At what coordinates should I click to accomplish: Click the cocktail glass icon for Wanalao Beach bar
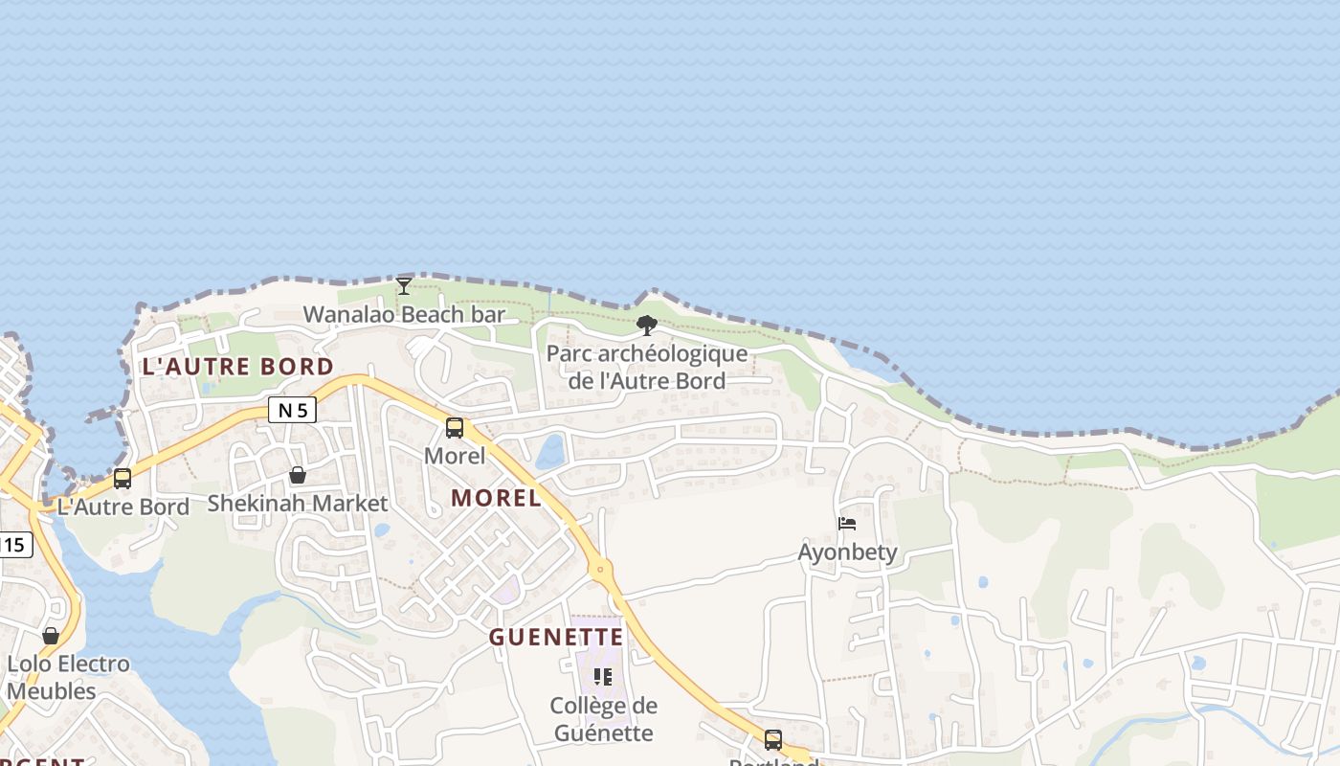point(404,285)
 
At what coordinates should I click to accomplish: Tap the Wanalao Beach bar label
point(404,314)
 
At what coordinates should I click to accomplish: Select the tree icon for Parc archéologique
point(647,326)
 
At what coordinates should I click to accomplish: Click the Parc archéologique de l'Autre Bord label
point(647,367)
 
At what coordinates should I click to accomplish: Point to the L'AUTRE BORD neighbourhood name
point(238,367)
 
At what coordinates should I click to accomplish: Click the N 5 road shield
point(292,411)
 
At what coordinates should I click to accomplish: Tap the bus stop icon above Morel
point(455,428)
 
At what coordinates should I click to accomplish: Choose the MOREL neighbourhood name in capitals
point(496,498)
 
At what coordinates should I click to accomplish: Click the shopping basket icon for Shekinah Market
point(298,475)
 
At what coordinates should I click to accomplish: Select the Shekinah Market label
point(298,504)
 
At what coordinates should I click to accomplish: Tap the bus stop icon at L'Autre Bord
point(123,479)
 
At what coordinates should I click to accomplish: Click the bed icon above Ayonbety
point(847,524)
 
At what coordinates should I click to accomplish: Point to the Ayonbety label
point(848,552)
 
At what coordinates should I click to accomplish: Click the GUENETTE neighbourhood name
point(556,638)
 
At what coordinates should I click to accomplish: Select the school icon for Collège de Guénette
point(603,678)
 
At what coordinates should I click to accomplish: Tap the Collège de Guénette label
point(603,720)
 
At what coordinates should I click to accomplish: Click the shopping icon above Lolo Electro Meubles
point(51,636)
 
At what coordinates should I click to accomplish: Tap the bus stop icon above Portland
point(773,740)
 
